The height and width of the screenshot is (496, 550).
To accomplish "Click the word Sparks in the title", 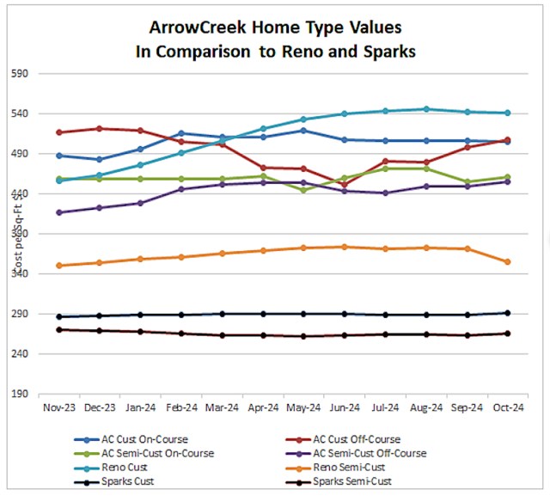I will (x=386, y=52).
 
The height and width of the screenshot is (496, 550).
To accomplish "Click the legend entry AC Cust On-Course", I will (x=144, y=440).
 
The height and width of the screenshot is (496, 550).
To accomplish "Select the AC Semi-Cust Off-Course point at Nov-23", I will (x=58, y=212).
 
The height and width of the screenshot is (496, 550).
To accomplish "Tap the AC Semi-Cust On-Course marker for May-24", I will (x=303, y=190).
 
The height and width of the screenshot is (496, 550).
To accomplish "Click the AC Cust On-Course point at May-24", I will (x=303, y=130).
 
